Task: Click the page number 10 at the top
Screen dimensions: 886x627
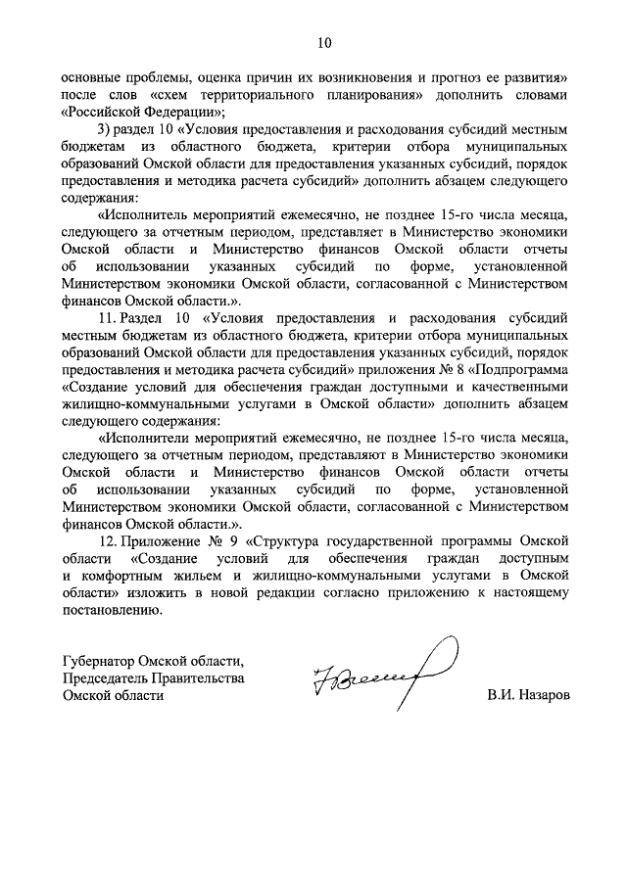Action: pos(324,42)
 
